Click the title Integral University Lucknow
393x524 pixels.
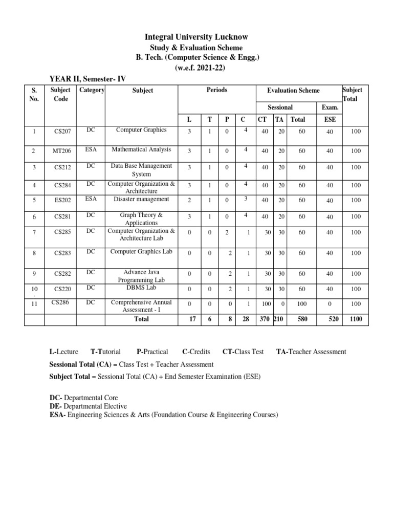point(197,37)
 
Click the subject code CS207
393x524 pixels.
point(62,132)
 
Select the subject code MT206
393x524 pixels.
point(62,151)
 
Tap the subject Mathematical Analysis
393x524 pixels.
point(141,149)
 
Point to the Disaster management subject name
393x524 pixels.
point(141,199)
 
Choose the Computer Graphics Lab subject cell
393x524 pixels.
point(141,251)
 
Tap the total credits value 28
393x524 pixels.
point(246,319)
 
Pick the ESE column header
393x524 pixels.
point(330,119)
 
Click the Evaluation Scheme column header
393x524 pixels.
point(293,91)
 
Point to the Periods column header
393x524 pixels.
point(216,90)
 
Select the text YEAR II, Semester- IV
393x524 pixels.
point(87,78)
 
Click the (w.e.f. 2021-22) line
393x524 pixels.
point(197,68)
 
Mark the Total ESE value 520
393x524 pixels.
point(334,319)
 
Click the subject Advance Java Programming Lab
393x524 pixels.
point(141,276)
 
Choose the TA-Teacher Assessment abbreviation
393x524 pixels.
point(311,352)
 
